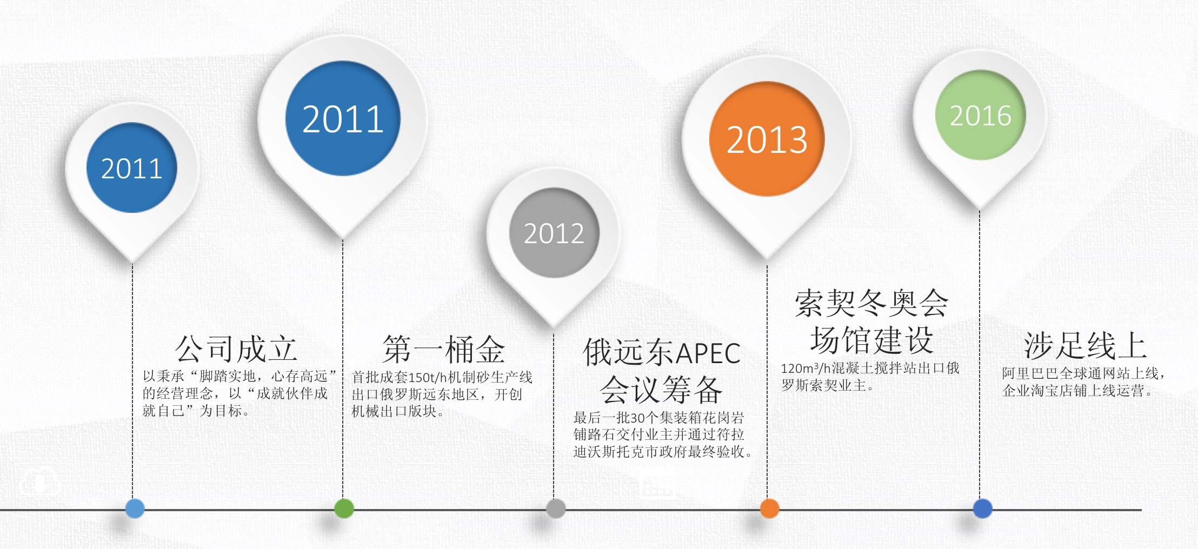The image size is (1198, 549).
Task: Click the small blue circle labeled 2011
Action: tap(132, 168)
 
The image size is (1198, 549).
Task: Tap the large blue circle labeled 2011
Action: tap(343, 118)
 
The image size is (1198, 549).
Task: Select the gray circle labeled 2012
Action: tap(554, 233)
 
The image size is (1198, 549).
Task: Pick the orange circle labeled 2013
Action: tap(767, 139)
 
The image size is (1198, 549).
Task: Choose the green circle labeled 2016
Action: tap(980, 115)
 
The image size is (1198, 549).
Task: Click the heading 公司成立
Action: tap(236, 349)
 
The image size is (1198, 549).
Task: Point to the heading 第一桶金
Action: tap(444, 349)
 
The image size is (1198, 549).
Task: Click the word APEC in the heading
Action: tap(708, 354)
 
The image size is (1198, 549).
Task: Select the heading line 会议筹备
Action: tap(661, 390)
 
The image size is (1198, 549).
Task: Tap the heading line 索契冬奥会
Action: tap(871, 303)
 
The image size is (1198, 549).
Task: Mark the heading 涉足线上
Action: tap(1085, 346)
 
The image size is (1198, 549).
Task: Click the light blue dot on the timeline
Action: tap(135, 508)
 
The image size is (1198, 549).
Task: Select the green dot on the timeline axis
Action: tap(344, 508)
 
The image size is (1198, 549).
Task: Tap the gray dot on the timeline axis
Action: tap(556, 508)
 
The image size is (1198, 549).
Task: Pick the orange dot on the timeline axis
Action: tap(769, 508)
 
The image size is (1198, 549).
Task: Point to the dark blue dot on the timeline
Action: tap(982, 508)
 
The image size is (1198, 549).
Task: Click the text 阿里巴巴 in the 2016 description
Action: tap(1030, 373)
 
